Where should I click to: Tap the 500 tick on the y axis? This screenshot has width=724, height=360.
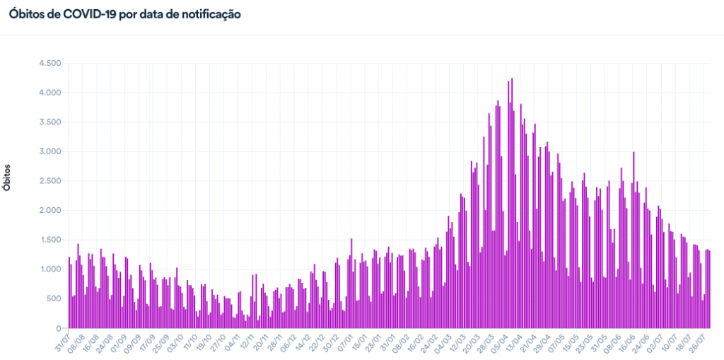pos(55,298)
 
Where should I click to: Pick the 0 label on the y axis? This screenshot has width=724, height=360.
pos(59,328)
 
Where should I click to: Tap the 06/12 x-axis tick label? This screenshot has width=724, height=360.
pos(287,340)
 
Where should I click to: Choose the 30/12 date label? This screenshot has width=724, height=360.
pos(329,340)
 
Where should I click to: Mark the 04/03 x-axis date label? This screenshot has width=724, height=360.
pos(443,340)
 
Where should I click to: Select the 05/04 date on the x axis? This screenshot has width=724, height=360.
pos(499,340)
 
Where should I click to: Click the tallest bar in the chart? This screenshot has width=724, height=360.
pos(511,205)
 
